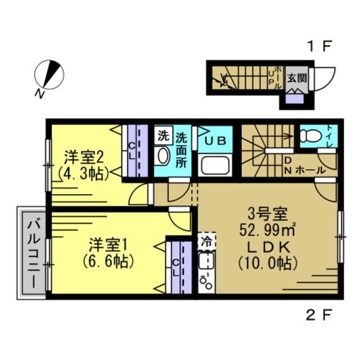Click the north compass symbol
click(x=49, y=76)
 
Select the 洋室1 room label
click(x=110, y=245)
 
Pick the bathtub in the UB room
click(x=214, y=166)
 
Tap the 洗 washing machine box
click(x=163, y=135)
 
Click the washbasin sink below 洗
click(x=163, y=155)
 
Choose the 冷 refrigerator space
click(x=206, y=242)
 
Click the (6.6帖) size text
click(x=110, y=261)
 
